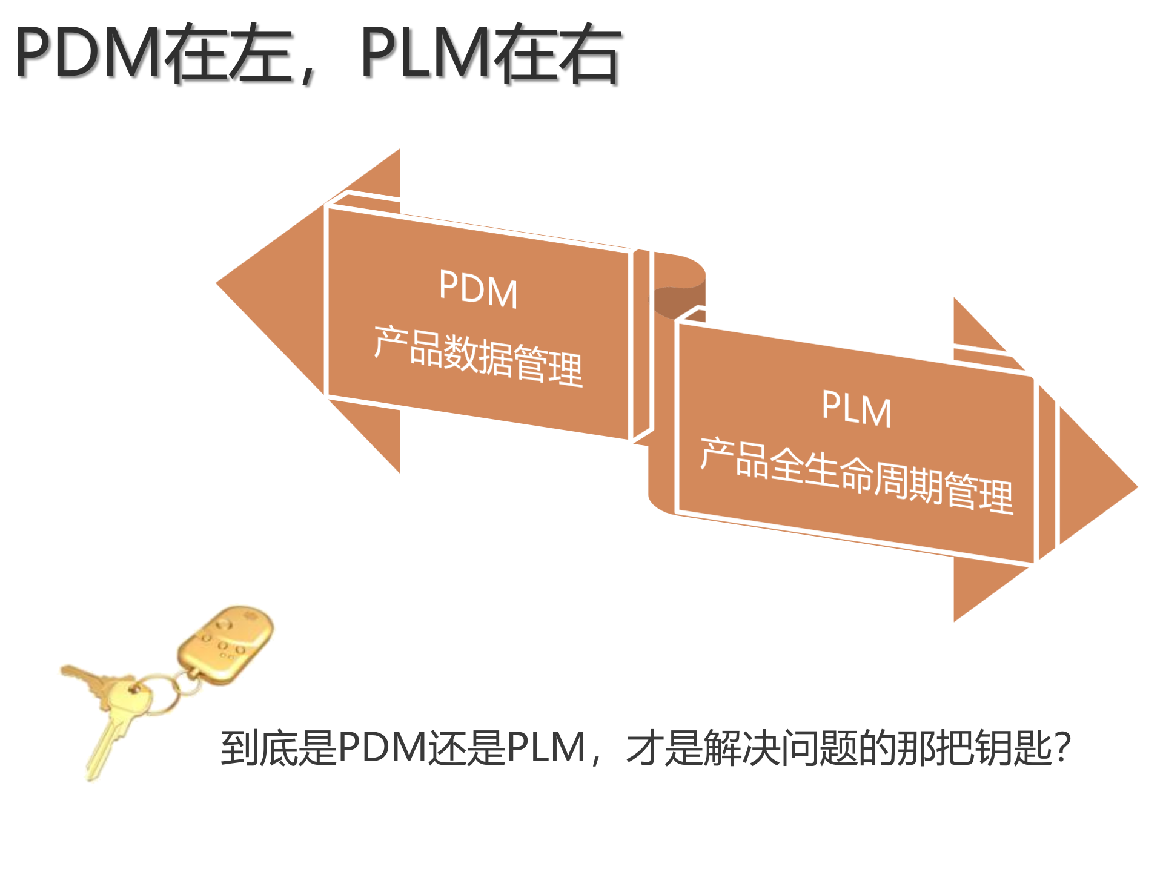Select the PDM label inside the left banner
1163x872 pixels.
(479, 289)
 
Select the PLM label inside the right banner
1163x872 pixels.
(857, 409)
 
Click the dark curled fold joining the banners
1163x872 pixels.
(678, 300)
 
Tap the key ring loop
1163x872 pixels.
(159, 696)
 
